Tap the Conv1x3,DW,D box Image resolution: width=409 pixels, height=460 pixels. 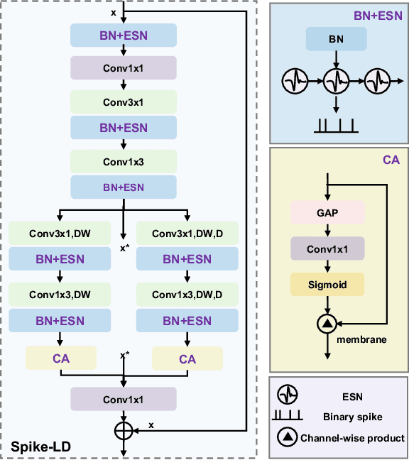click(187, 294)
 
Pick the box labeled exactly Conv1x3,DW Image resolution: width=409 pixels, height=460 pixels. click(60, 294)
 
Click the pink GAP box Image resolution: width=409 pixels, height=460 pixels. click(327, 212)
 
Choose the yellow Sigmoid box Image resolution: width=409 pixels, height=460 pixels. click(327, 285)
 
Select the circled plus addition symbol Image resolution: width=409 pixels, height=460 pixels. click(124, 429)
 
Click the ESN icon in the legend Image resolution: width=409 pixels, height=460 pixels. click(287, 394)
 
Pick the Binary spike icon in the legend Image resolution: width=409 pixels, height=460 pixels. click(287, 417)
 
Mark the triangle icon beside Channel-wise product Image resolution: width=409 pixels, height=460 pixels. click(287, 438)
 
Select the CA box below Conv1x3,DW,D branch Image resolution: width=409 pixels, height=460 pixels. click(187, 359)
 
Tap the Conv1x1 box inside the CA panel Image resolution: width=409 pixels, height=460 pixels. click(327, 248)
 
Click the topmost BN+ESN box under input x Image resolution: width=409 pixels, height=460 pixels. click(124, 34)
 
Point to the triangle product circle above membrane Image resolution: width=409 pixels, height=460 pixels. click(327, 324)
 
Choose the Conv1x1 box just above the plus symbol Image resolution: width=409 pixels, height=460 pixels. click(124, 400)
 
